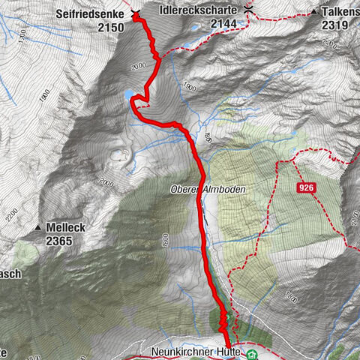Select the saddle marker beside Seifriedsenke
[x=135, y=13]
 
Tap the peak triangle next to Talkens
[x=313, y=13]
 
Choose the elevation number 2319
[x=336, y=25]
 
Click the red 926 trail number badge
[x=304, y=188]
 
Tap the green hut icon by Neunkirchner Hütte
[x=252, y=352]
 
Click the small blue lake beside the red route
[x=130, y=94]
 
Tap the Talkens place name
[x=340, y=12]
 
